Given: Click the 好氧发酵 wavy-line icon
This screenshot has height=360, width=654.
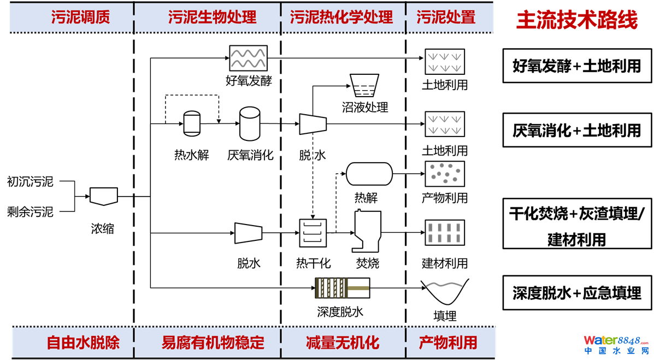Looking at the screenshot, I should coord(248,58).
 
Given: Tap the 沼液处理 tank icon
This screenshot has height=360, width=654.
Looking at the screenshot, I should coord(364,87).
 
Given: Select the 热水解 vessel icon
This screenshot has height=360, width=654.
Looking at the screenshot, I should coord(192,123).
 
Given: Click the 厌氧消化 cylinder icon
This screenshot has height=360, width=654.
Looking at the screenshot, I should coord(250,123).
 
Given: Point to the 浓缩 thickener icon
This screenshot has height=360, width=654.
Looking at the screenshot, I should coord(103,196).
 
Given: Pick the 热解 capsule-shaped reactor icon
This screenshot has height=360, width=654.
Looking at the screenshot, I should coord(369,174).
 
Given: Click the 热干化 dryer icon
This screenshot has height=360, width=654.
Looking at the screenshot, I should coord(313,233).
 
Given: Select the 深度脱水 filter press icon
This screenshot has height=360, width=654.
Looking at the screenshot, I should coord(343,288).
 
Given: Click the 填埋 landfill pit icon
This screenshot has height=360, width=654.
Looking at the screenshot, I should coord(445,292).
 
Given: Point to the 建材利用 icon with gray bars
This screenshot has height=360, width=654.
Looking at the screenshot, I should coord(445,233).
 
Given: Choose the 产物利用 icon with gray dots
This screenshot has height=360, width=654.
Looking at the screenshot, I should coord(445,174).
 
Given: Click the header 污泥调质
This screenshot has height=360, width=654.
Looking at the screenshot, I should coord(80,17).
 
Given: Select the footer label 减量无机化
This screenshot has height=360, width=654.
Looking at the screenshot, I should coord(343,343).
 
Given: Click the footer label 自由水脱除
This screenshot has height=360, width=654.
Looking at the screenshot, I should coord(83,343).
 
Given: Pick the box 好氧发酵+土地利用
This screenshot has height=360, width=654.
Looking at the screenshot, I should coord(577,66).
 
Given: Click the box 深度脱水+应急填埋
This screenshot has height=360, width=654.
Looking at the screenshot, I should coord(577,293).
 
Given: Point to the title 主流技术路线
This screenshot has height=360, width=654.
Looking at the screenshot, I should coord(577,20).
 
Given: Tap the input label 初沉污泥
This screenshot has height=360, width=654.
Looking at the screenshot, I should coord(30,181).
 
